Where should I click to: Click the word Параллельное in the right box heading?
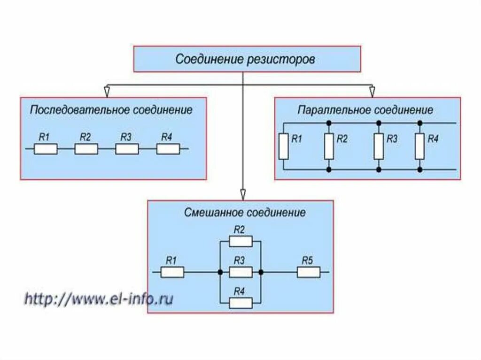(x=334, y=110)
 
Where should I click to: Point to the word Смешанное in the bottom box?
(x=212, y=213)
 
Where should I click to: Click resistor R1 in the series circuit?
(x=46, y=149)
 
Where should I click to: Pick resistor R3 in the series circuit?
(x=127, y=149)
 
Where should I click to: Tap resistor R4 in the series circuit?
(x=168, y=149)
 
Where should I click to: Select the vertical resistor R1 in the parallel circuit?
(x=283, y=146)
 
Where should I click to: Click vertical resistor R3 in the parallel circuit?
(x=379, y=146)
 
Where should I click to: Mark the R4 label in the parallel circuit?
(x=433, y=139)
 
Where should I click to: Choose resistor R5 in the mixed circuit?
(x=309, y=272)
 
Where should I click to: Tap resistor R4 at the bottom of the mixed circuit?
(x=240, y=303)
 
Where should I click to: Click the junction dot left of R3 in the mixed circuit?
(x=220, y=272)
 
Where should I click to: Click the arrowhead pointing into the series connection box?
(x=108, y=90)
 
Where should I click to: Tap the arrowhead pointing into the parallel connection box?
(x=372, y=90)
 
